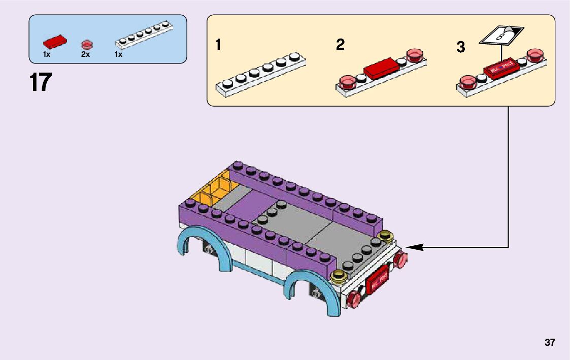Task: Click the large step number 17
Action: tap(41, 83)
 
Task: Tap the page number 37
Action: tap(550, 342)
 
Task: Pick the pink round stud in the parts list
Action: tap(86, 43)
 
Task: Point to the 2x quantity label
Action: tap(85, 54)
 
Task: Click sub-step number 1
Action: tap(218, 45)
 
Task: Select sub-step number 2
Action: tap(340, 45)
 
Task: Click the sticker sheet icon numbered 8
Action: tap(501, 36)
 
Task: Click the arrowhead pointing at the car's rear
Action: tap(414, 247)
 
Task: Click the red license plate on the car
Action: tap(377, 280)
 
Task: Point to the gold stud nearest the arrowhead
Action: tap(386, 236)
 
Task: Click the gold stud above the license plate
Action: tap(339, 276)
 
